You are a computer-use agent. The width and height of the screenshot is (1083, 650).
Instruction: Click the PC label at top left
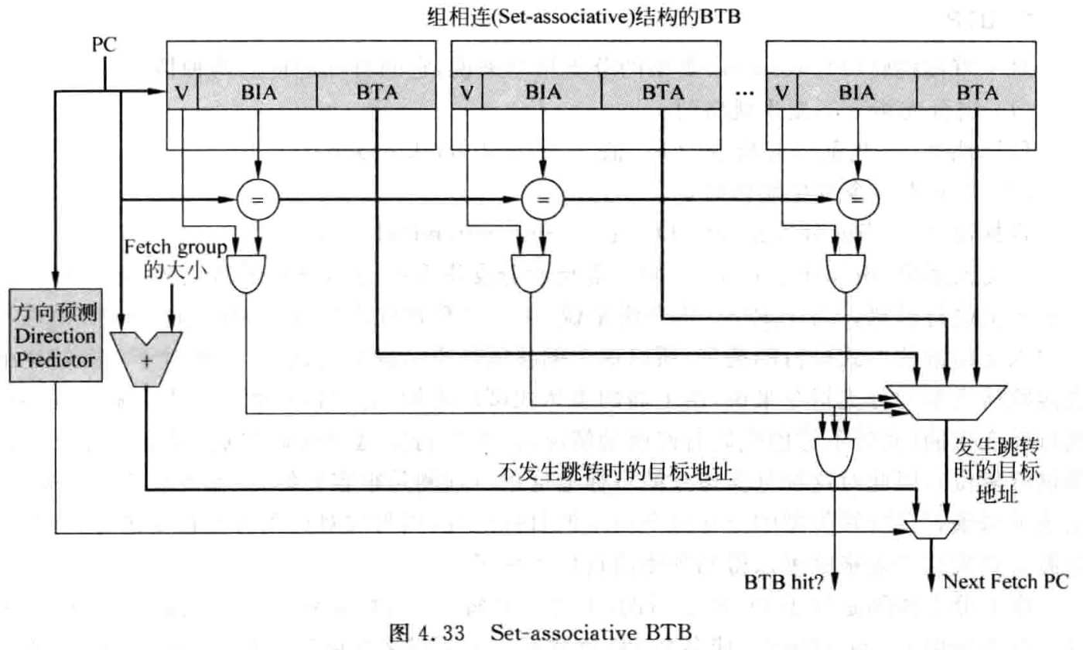click(103, 44)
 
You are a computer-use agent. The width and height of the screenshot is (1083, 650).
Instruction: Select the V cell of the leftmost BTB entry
click(183, 92)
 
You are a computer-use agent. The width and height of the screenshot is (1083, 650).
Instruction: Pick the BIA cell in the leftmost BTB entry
click(258, 92)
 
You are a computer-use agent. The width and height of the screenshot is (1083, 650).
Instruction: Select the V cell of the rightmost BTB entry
click(782, 92)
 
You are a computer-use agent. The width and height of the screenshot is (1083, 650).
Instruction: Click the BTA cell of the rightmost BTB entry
click(976, 92)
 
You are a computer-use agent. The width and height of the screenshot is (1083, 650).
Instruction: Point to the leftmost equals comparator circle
click(258, 200)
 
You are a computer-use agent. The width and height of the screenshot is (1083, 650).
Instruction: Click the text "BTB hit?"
click(783, 580)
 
